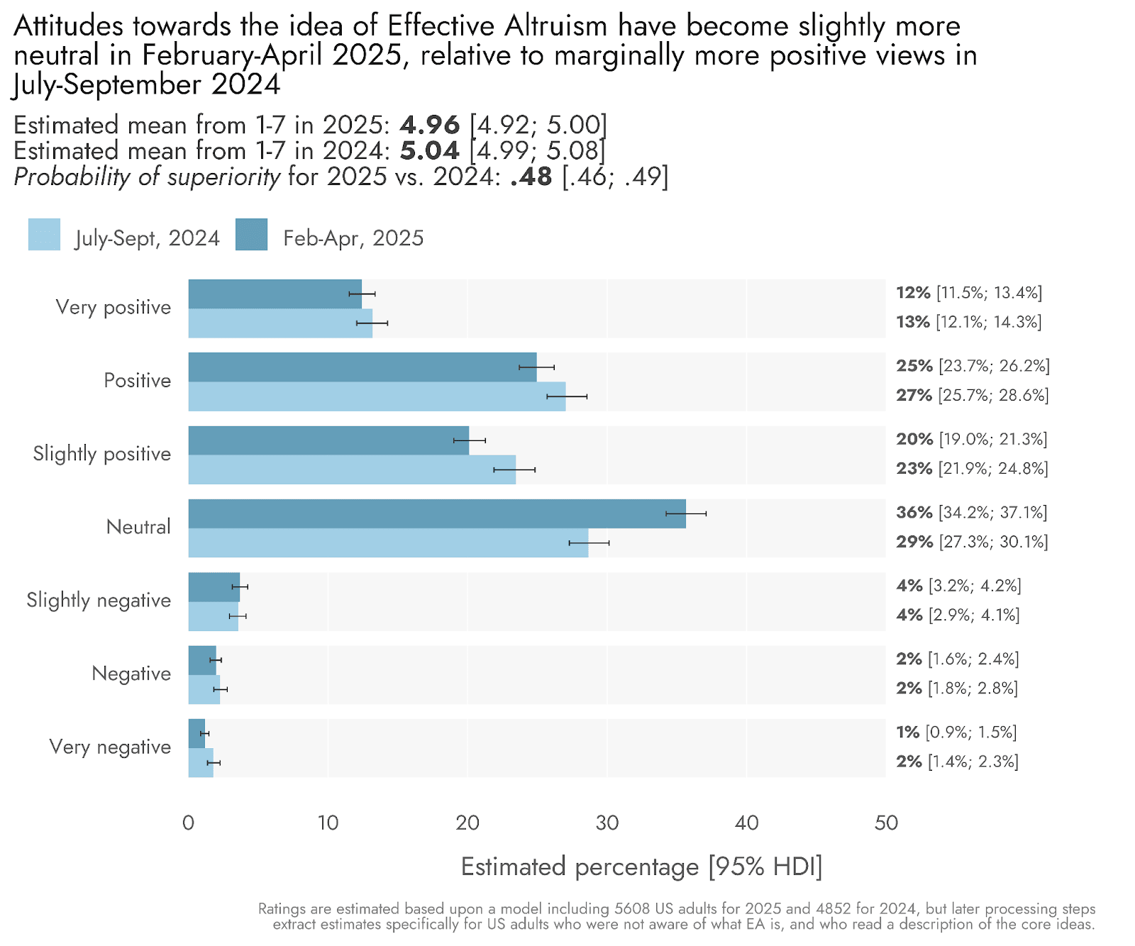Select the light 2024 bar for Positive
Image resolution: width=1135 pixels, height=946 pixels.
coord(377,396)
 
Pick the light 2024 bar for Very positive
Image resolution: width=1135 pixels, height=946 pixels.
coord(280,323)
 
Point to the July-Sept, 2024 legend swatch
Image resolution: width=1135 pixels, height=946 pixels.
coord(44,235)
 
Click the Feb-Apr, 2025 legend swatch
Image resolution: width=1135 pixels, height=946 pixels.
coord(251,235)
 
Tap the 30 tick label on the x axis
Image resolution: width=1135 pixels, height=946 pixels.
coord(607,823)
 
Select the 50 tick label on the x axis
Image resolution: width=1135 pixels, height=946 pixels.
coord(886,823)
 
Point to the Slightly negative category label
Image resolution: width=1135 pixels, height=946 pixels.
coord(99,601)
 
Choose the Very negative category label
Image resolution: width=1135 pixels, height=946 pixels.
coord(110,747)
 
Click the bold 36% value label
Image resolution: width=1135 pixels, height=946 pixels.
coord(914,513)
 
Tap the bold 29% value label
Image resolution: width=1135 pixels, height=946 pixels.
coord(914,542)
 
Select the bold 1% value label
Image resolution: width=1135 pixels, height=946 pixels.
coord(907,733)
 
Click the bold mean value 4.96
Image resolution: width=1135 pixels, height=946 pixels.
coord(430,126)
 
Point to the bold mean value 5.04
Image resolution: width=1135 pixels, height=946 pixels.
coord(430,151)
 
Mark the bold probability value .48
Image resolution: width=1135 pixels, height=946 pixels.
coord(531,177)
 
